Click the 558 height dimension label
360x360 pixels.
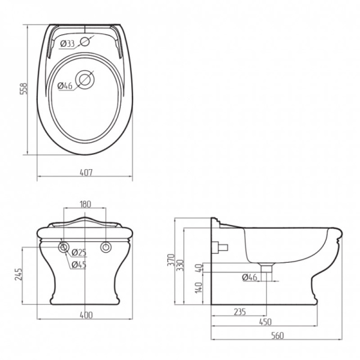pyautogui.click(x=23, y=89)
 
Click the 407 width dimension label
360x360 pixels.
pyautogui.click(x=86, y=172)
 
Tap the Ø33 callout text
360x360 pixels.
pyautogui.click(x=67, y=43)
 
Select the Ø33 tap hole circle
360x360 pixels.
pyautogui.click(x=85, y=41)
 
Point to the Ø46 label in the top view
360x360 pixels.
pyautogui.click(x=65, y=86)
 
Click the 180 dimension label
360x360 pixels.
pyautogui.click(x=85, y=204)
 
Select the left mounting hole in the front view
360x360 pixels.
pyautogui.click(x=64, y=247)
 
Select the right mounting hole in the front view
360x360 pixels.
pyautogui.click(x=106, y=247)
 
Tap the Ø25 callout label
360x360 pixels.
pyautogui.click(x=79, y=253)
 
